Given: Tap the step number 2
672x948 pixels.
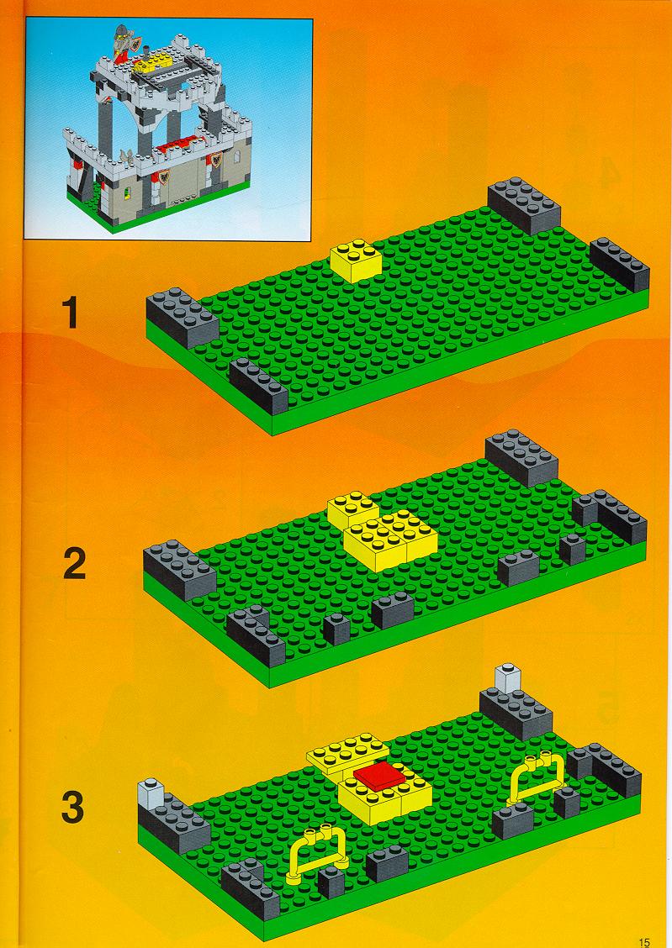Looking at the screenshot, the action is coord(74,565).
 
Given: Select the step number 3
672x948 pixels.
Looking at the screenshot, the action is coord(72,808).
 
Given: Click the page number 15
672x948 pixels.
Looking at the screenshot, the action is coord(644,942).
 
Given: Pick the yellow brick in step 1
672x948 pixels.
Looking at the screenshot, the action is coord(357,261).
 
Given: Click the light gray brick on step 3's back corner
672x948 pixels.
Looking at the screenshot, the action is coord(507,678).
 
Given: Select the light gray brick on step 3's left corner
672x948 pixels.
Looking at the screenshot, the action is coord(151,793).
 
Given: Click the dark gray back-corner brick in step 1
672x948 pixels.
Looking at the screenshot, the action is coord(524,206).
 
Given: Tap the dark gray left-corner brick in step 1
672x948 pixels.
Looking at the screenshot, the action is coord(182,318).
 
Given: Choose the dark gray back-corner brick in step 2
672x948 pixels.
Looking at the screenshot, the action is coord(521,458).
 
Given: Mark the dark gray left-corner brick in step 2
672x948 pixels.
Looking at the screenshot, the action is coord(180,570).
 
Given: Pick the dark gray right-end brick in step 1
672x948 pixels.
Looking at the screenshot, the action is coord(620,264).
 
